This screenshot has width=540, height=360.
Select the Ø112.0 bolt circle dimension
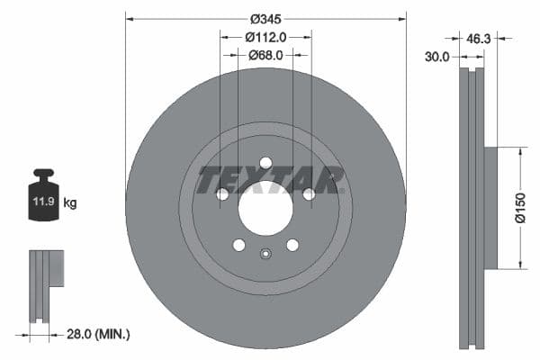tap(265, 37)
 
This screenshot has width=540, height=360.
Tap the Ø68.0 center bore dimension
tap(265, 55)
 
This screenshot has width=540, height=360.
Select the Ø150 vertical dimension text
tap(521, 208)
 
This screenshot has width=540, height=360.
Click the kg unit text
tap(70, 203)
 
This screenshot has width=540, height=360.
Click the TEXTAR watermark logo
tap(271, 180)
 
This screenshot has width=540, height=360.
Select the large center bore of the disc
tap(265, 209)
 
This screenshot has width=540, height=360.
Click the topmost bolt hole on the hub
tap(265, 162)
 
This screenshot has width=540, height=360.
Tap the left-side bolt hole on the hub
tap(222, 193)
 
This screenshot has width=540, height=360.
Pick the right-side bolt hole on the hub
tap(309, 193)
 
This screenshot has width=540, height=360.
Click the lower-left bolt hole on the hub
tap(238, 245)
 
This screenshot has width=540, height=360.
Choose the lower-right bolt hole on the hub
tap(292, 245)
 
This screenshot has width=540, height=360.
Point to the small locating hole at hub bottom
tap(265, 253)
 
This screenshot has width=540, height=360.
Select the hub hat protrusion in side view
tap(490, 208)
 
